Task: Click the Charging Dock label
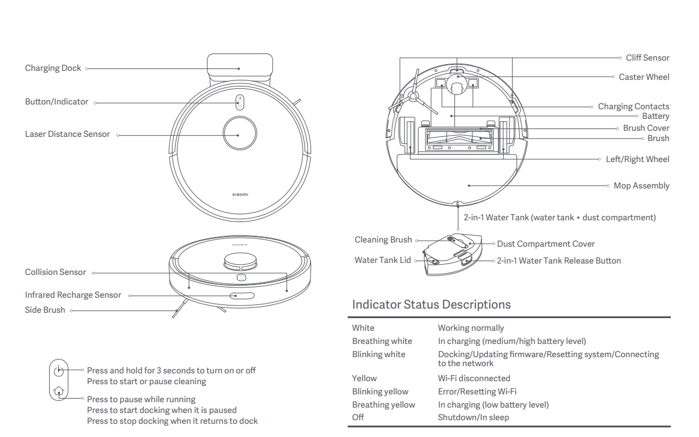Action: (53, 68)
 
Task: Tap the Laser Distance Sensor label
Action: (67, 134)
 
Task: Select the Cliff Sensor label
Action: (647, 58)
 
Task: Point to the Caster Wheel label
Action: (644, 77)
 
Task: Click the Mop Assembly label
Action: (641, 186)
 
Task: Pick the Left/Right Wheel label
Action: (637, 160)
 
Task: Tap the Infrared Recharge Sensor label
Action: (73, 295)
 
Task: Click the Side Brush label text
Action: (45, 310)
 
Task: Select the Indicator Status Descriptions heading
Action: (431, 304)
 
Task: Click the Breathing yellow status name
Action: (384, 405)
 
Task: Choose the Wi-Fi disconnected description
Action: (474, 379)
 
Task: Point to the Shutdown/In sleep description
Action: (474, 418)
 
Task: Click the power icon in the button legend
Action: (58, 371)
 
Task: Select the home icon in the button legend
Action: (58, 391)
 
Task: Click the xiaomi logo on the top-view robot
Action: (240, 194)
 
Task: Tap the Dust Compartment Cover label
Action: (546, 244)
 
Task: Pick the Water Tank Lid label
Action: (382, 261)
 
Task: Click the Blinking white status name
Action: (378, 355)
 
